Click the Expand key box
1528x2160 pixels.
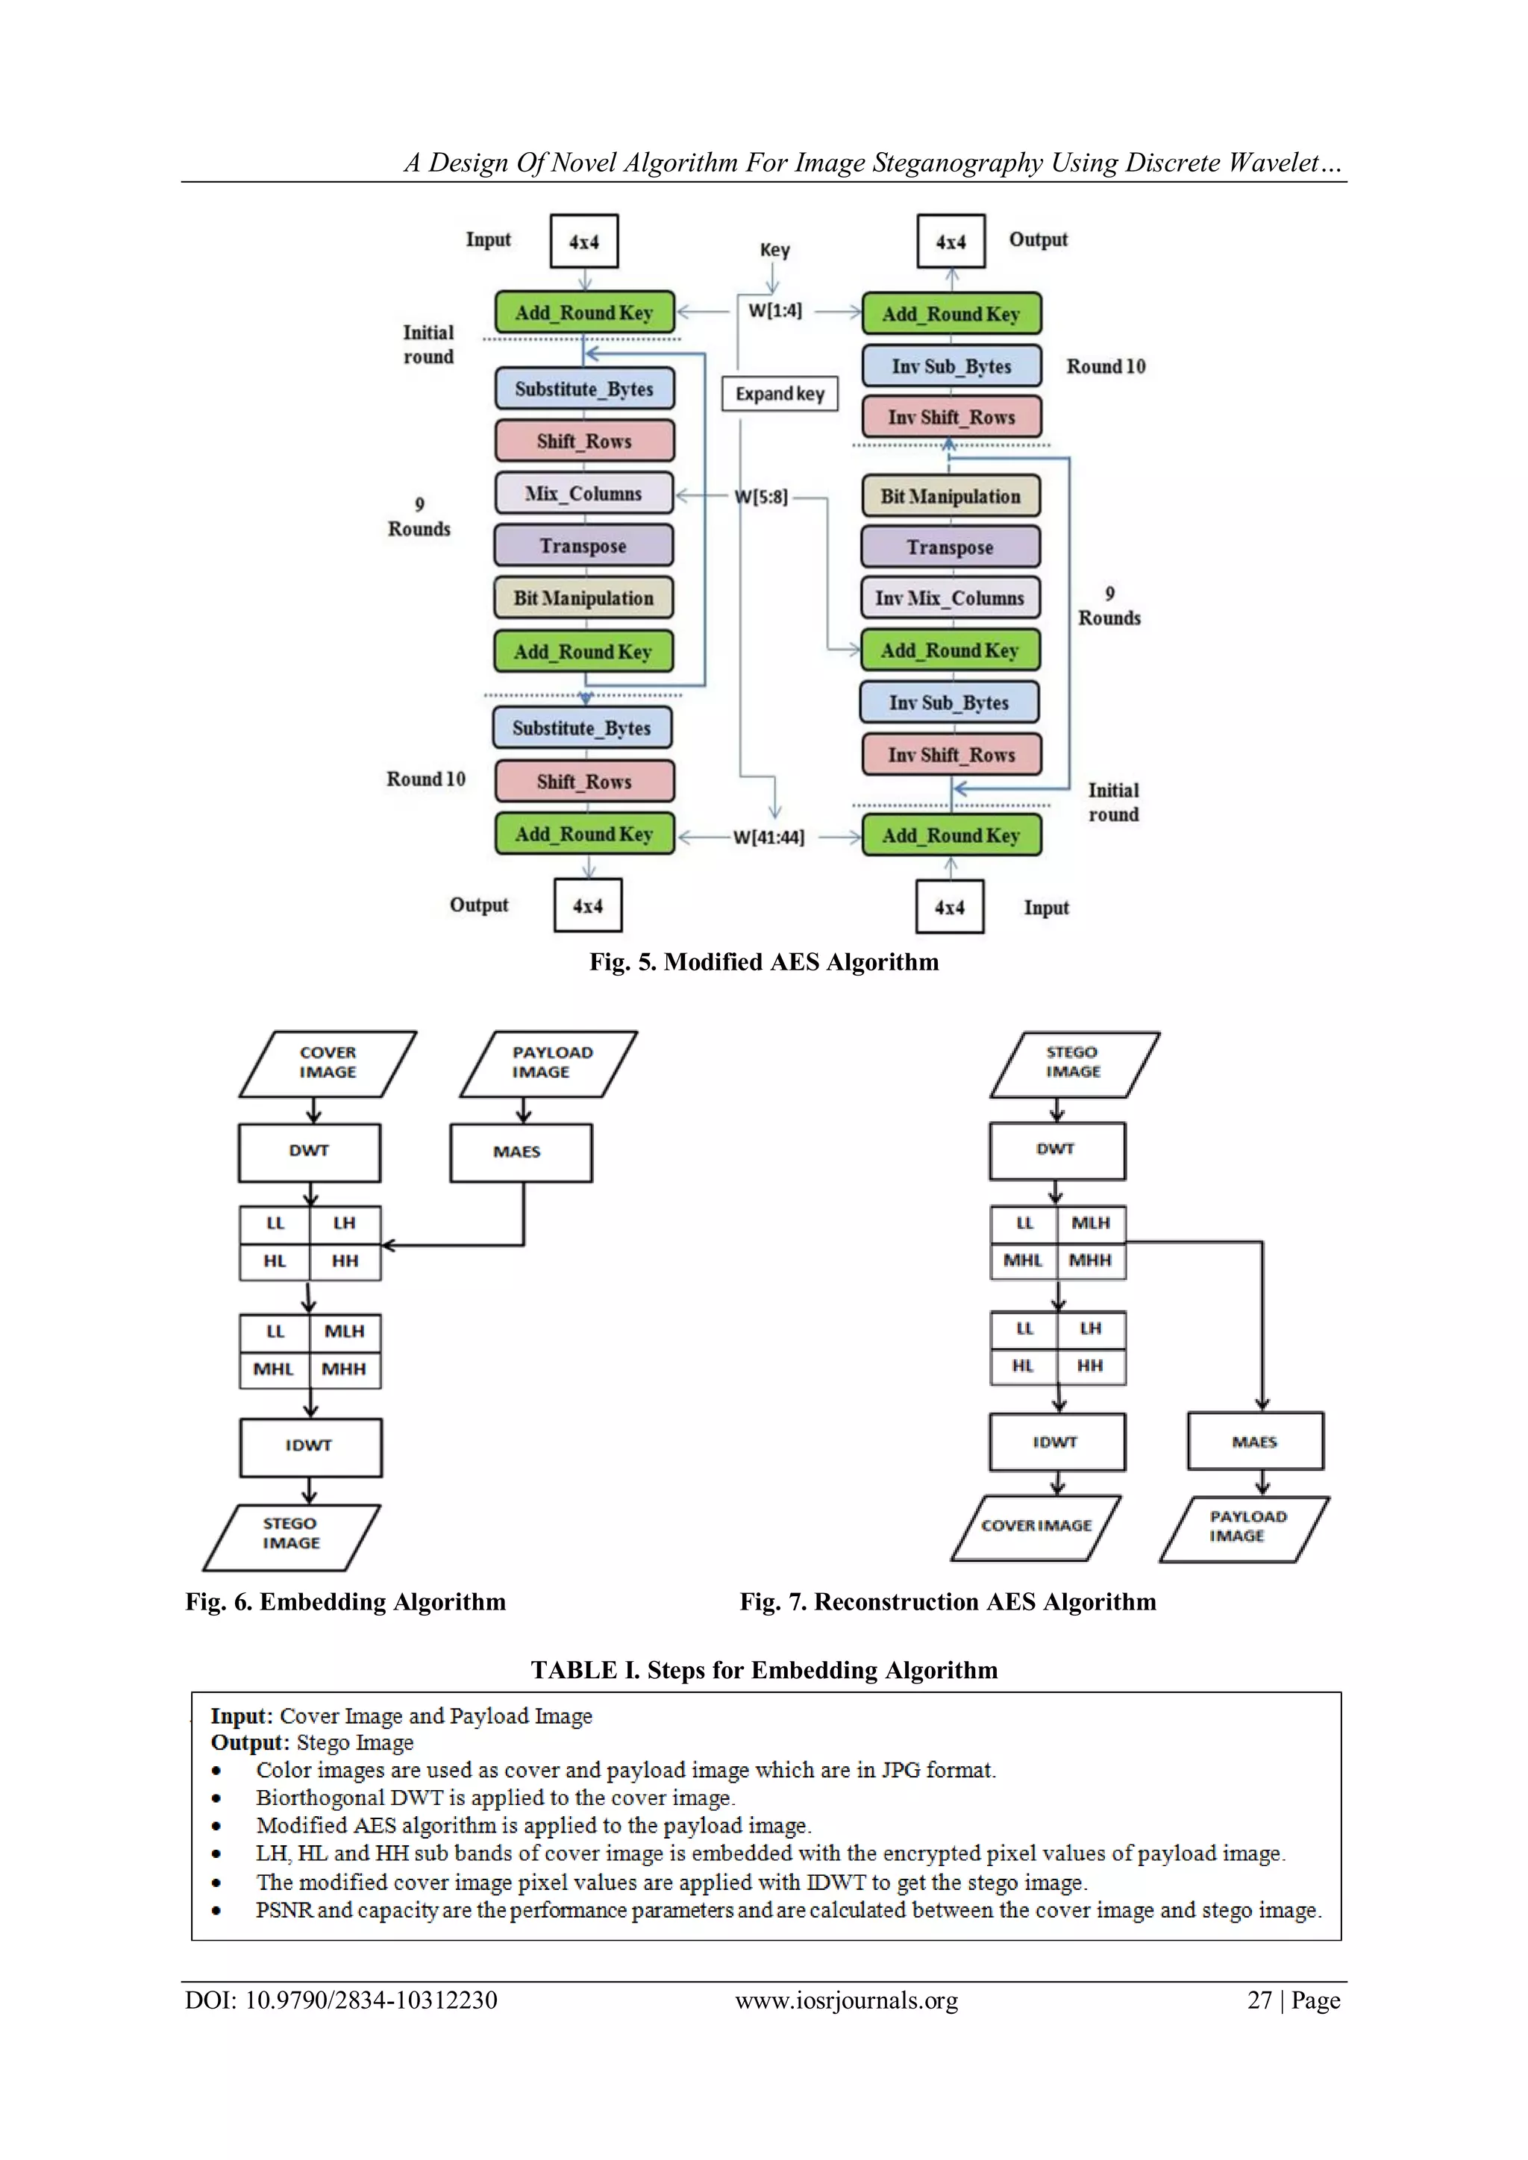(779, 393)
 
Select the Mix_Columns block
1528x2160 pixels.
(583, 493)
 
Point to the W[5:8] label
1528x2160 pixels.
(760, 497)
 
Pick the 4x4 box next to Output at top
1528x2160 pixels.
(951, 242)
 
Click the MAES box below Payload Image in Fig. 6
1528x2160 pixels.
(520, 1152)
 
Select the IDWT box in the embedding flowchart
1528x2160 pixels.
(310, 1446)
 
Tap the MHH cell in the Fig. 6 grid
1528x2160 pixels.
(345, 1369)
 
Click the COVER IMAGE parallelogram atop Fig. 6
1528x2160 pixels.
(328, 1063)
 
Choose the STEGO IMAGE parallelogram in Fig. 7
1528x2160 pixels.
(1074, 1063)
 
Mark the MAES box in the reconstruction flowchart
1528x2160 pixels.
(1254, 1441)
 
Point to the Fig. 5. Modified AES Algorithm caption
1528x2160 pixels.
(763, 961)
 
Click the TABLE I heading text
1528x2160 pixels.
(763, 1669)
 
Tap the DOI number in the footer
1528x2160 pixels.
(371, 2000)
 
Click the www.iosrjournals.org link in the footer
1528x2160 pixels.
(846, 2000)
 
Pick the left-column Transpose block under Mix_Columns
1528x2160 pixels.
(583, 546)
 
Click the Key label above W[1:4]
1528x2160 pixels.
(774, 251)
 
